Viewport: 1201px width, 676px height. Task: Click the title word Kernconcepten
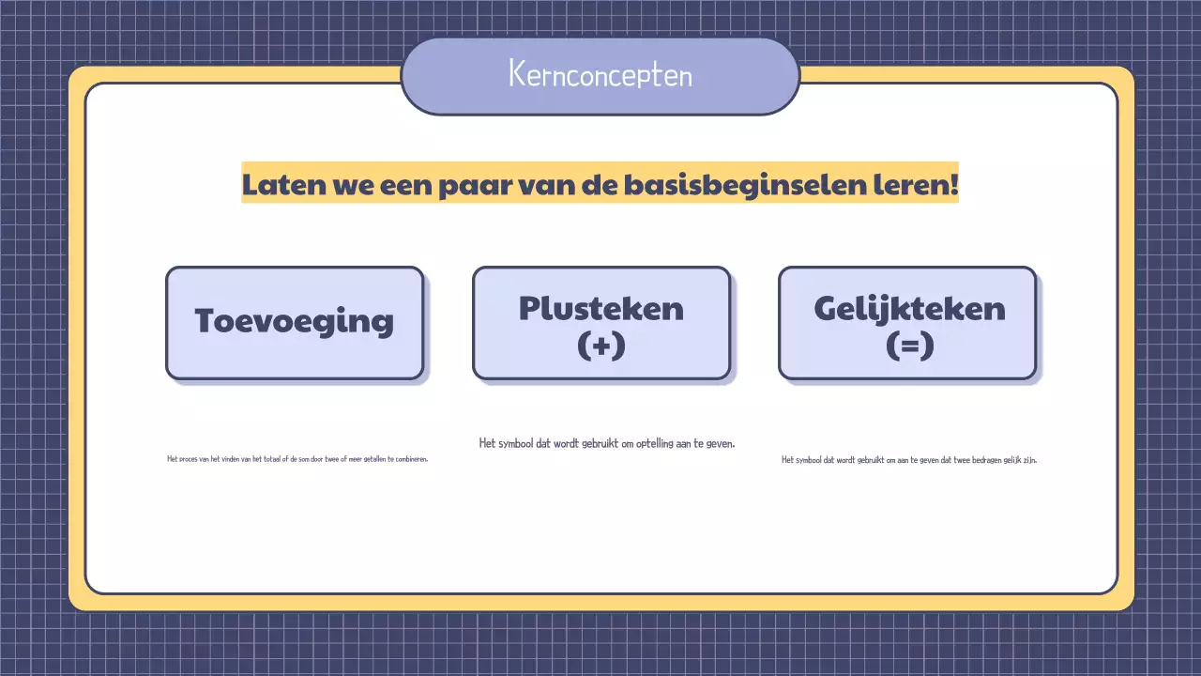click(600, 74)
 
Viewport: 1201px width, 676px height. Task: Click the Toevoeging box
click(295, 322)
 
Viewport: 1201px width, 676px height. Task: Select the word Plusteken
click(600, 308)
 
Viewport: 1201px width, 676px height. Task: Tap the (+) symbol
click(600, 345)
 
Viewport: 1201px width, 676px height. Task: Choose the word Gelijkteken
click(908, 308)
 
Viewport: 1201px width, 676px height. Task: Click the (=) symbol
click(908, 345)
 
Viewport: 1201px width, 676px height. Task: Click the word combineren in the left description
click(409, 459)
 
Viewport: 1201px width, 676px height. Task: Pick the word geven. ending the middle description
click(719, 443)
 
